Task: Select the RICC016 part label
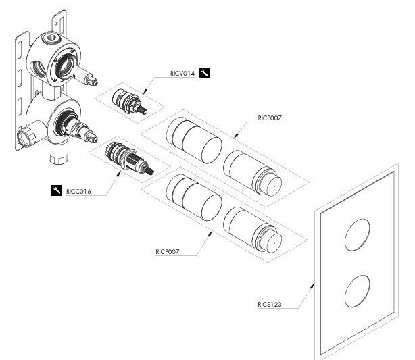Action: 79,191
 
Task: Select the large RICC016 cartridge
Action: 128,161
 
